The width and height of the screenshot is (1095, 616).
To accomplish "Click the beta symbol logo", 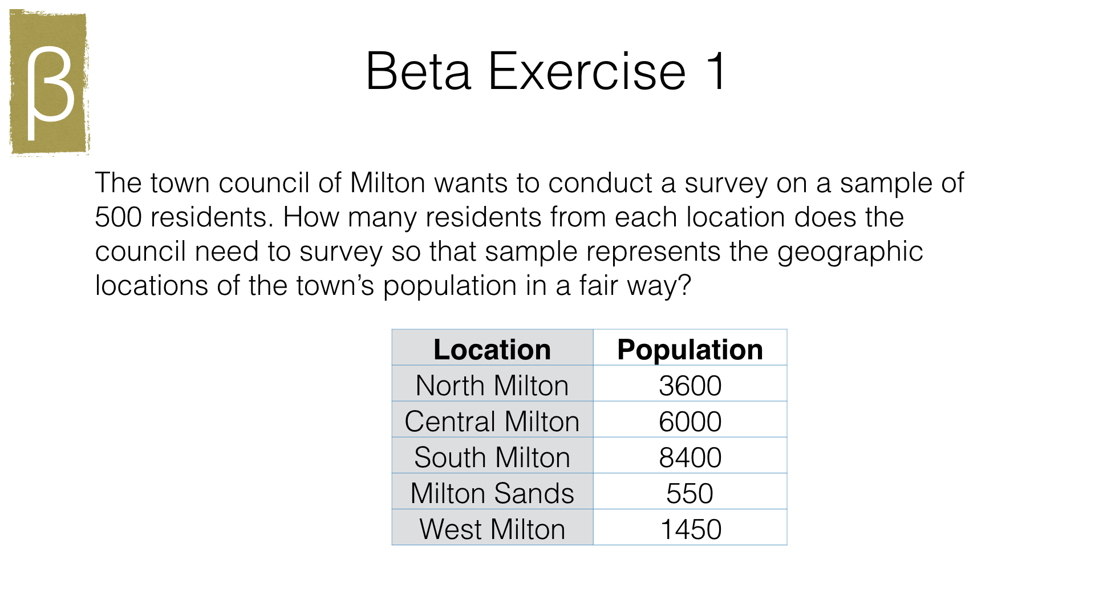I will (x=50, y=83).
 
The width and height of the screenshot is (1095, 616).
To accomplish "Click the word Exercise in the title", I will (x=587, y=71).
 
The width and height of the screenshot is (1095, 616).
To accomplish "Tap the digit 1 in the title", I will (x=716, y=71).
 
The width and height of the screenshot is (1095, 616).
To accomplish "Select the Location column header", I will (x=492, y=349).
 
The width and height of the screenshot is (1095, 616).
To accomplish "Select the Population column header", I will (x=690, y=349).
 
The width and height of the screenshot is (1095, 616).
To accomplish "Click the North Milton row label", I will (x=492, y=386).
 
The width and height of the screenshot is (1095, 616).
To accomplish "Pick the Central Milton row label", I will (x=492, y=422).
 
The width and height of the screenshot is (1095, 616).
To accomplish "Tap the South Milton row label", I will (x=492, y=457).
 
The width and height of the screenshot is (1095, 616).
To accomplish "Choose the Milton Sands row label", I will (x=492, y=493).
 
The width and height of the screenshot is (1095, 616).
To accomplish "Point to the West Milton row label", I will (x=492, y=529).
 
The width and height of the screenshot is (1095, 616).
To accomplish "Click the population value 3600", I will (x=690, y=386).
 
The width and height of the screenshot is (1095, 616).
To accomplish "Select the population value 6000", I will (x=690, y=422).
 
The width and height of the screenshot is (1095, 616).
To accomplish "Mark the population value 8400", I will (x=690, y=457).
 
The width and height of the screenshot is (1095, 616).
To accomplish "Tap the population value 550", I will (x=690, y=493).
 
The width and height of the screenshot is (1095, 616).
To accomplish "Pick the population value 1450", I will (x=691, y=529).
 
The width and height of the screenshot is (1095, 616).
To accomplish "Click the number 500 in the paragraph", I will (x=118, y=217).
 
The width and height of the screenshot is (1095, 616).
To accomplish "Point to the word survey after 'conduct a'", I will (x=726, y=184).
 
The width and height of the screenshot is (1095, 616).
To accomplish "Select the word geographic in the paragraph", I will (x=850, y=252).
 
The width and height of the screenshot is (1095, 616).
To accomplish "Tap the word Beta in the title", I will (x=418, y=71).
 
